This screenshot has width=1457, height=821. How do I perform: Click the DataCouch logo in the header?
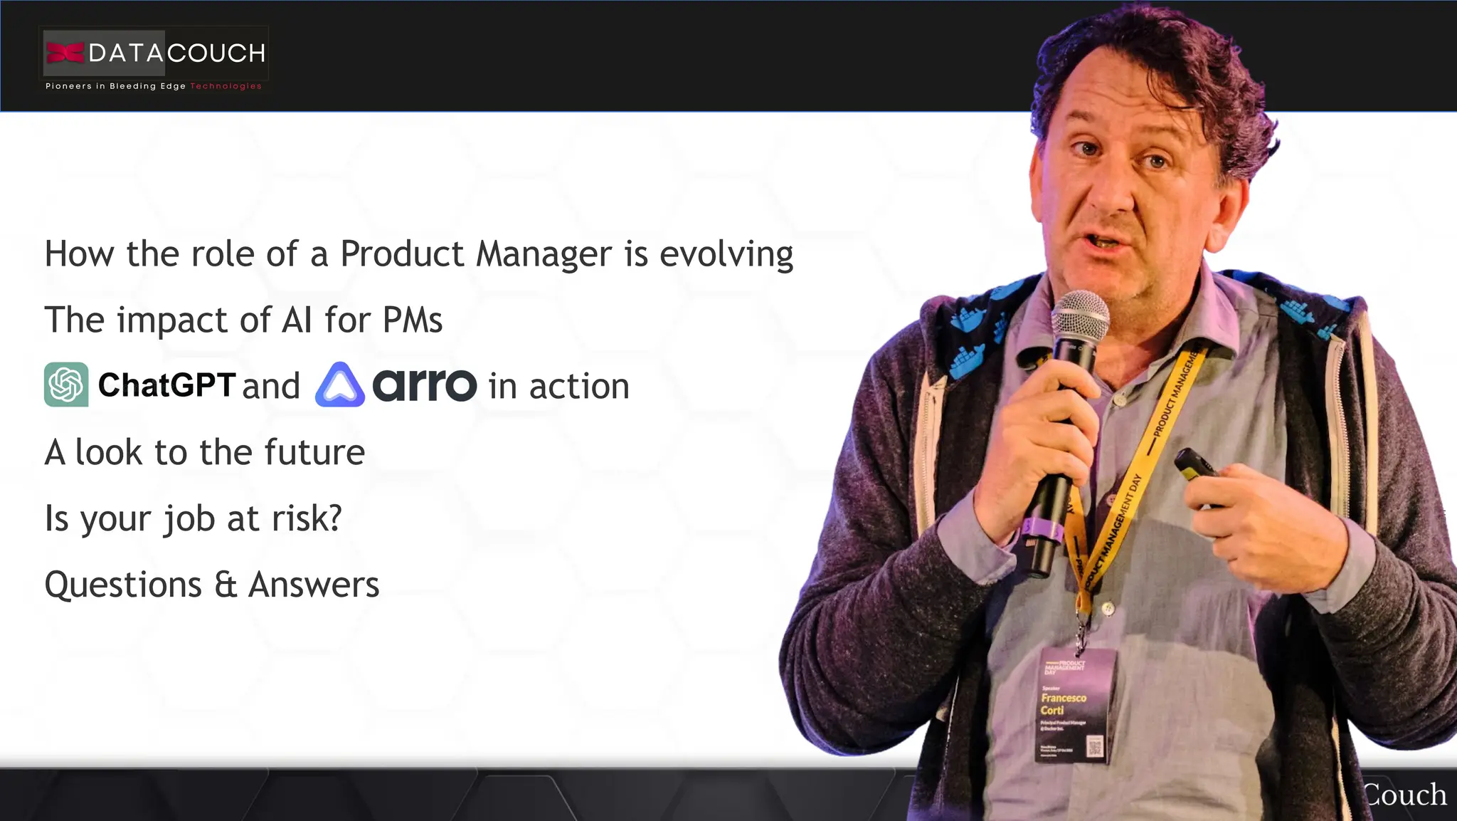[154, 53]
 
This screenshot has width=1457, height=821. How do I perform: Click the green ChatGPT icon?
[66, 385]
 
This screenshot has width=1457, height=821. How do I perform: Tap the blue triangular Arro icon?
[340, 385]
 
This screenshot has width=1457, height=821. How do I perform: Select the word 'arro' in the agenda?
[424, 385]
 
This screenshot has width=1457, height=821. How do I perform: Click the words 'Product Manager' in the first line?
[475, 254]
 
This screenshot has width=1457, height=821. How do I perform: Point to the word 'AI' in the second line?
[297, 320]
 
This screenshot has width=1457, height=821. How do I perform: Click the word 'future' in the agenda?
[314, 452]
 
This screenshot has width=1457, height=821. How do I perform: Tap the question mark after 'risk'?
[334, 518]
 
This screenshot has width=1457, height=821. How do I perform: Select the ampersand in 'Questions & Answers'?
[225, 585]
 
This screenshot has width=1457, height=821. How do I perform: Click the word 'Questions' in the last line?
[123, 585]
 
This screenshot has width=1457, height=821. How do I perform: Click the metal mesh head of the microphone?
[1079, 316]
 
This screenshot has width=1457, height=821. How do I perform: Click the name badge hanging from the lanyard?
[1074, 705]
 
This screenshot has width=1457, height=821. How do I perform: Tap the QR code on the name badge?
[1095, 746]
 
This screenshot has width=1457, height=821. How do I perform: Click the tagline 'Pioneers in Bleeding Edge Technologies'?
[154, 86]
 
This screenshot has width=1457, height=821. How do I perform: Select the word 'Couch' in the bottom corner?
[1405, 795]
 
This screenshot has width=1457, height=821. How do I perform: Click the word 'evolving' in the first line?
[726, 254]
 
